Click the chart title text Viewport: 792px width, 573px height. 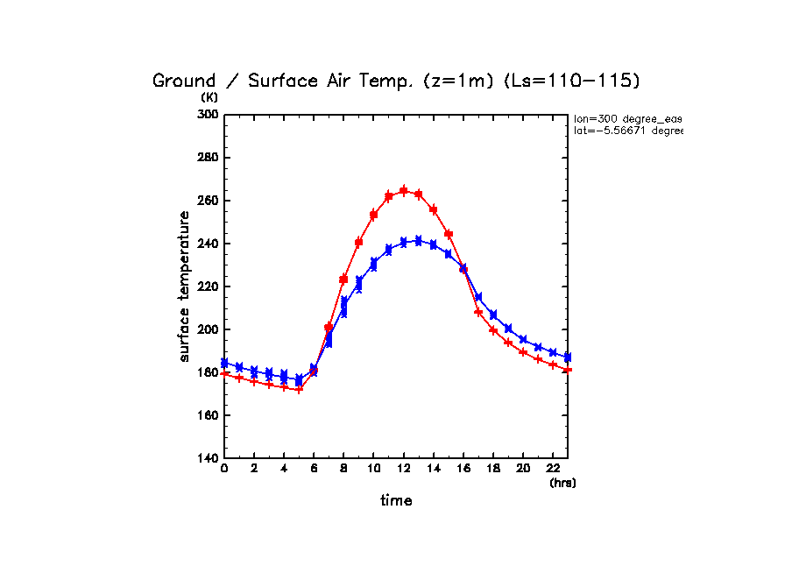[396, 81]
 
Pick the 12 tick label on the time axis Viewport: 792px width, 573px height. [403, 470]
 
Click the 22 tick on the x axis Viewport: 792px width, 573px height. [552, 470]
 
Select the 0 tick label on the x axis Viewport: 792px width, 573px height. [224, 470]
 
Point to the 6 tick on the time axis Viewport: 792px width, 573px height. [314, 470]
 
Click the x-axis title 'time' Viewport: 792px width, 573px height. [396, 501]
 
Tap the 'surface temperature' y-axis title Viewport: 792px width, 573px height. [185, 286]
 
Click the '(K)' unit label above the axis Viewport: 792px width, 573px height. [209, 97]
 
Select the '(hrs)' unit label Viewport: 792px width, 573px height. [562, 483]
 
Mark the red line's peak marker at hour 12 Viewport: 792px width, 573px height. [404, 190]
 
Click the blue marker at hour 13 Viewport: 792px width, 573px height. [419, 240]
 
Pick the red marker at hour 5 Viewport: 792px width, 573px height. [299, 389]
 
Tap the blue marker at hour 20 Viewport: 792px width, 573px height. [523, 339]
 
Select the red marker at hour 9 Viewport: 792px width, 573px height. [358, 242]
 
